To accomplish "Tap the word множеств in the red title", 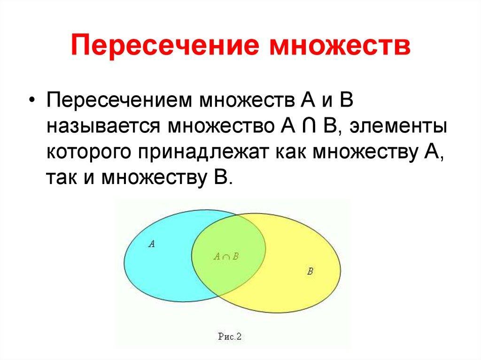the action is [340, 46].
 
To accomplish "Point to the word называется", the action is [103, 126].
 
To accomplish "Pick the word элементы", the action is [398, 126].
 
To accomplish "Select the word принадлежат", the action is [203, 152].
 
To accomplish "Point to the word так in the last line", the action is [61, 178].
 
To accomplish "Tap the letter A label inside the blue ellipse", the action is [151, 244].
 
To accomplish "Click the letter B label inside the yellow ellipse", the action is [310, 271].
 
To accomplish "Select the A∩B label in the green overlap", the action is [226, 256].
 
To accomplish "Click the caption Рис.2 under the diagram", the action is [229, 337].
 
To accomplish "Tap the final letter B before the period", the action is [219, 177].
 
